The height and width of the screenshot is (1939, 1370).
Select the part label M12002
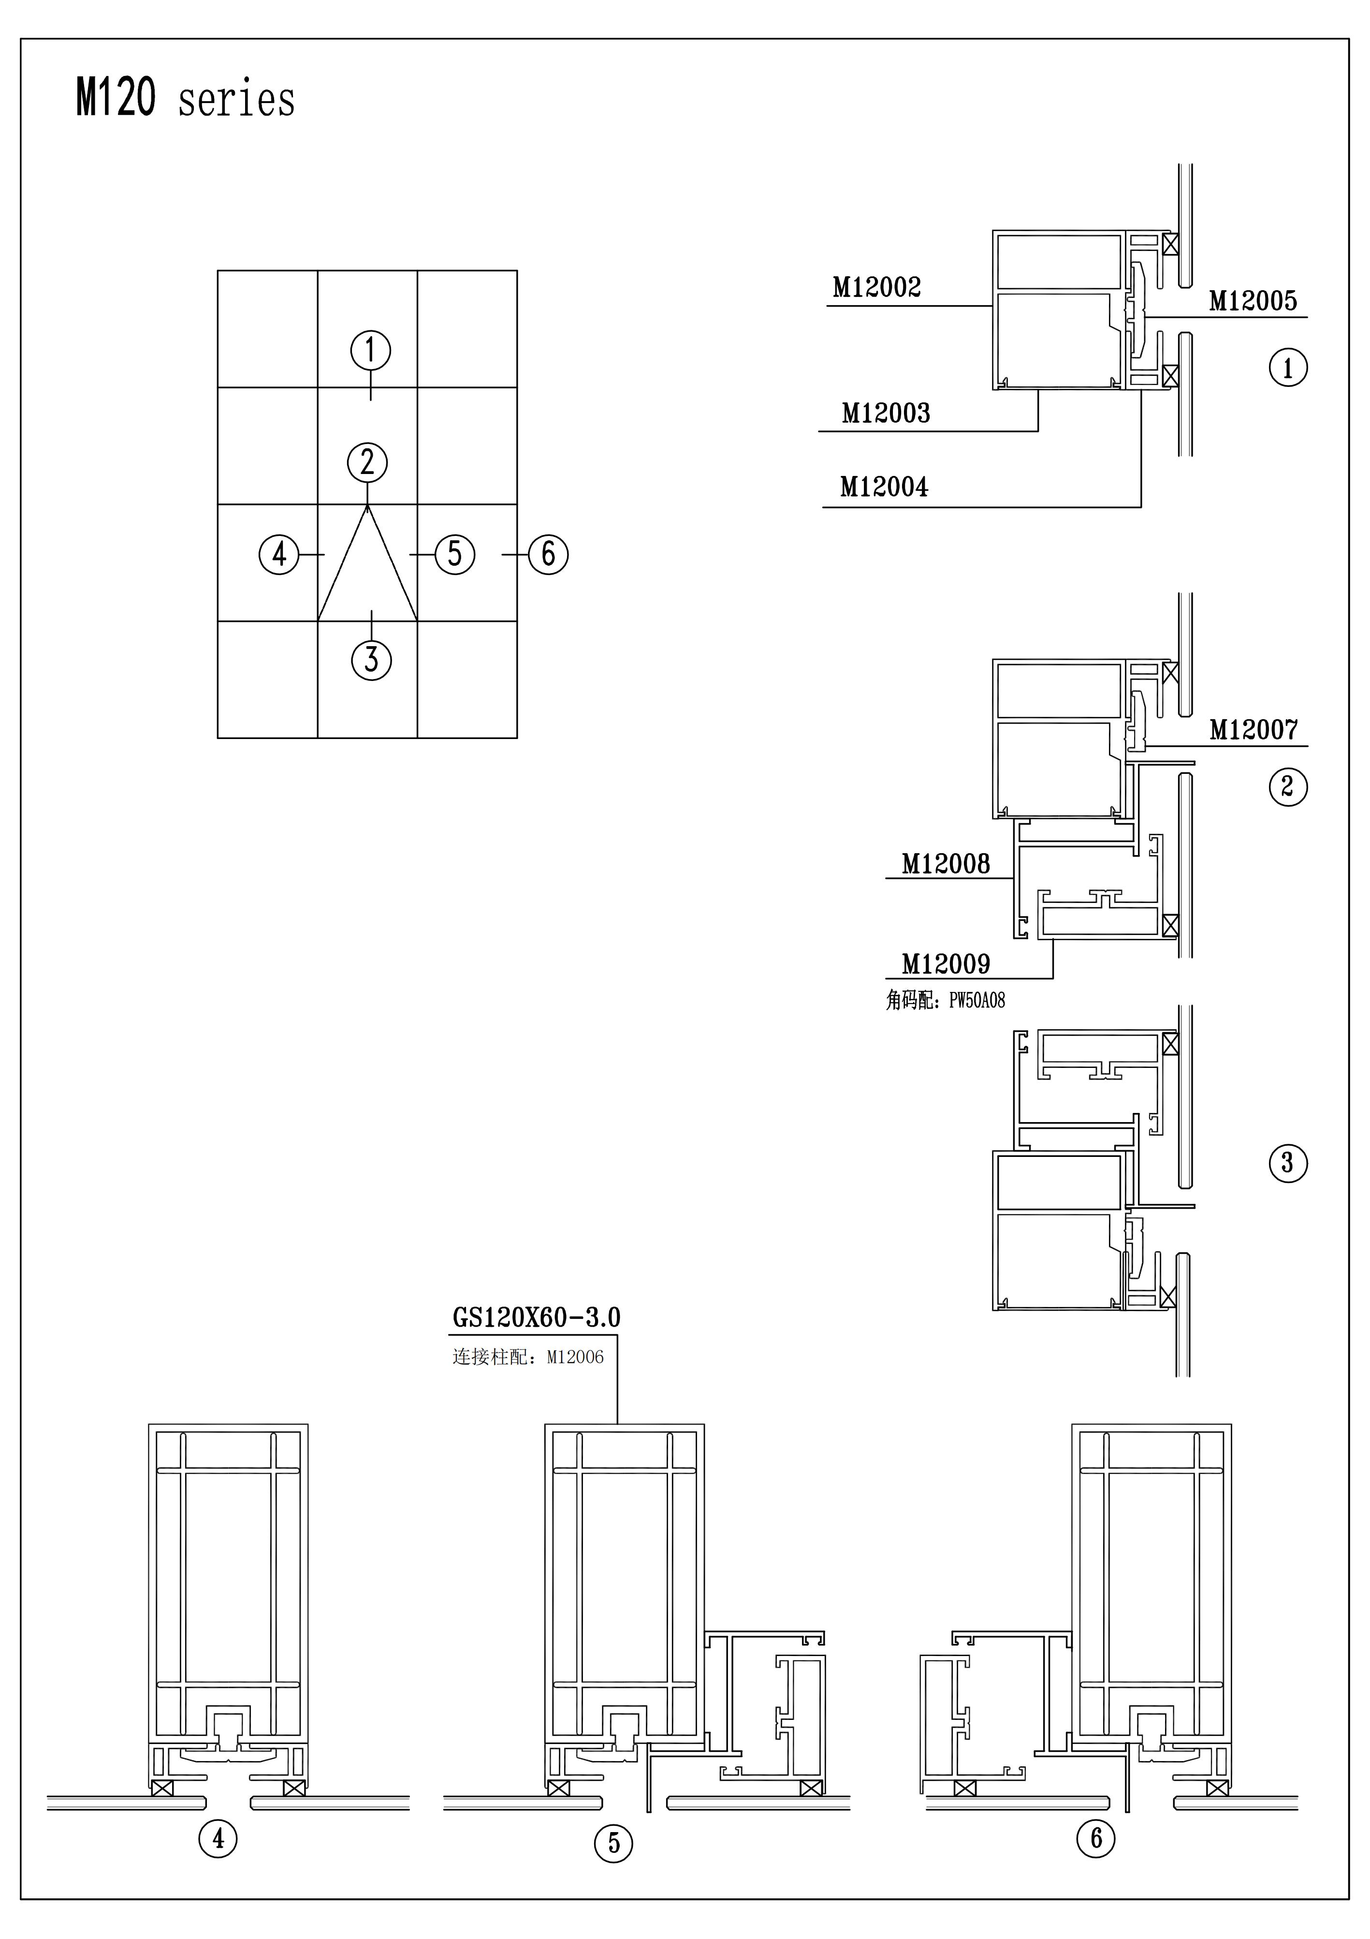[876, 288]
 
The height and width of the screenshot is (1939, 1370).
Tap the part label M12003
[886, 413]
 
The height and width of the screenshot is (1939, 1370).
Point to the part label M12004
[884, 487]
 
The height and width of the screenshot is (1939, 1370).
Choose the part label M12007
[1253, 730]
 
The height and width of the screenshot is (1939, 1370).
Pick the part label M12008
[946, 864]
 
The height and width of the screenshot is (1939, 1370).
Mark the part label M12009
[946, 963]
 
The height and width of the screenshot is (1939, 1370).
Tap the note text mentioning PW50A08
[946, 1001]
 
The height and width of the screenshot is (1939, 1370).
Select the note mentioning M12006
[528, 1357]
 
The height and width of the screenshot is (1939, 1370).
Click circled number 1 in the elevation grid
[371, 350]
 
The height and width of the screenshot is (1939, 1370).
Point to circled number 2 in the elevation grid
[367, 463]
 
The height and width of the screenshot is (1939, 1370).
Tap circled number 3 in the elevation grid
[371, 660]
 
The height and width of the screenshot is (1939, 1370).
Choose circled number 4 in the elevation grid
[278, 555]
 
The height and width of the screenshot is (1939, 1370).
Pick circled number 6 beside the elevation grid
[549, 555]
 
